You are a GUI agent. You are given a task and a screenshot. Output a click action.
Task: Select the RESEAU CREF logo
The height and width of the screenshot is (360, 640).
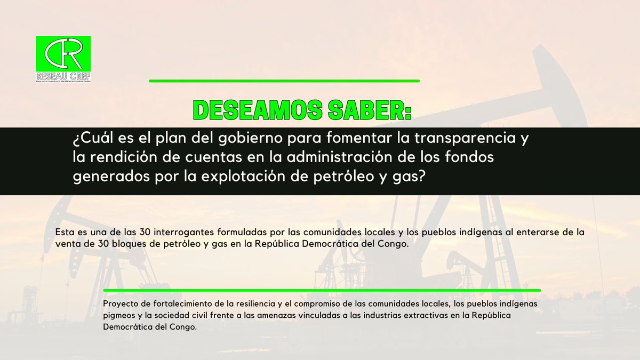(63, 59)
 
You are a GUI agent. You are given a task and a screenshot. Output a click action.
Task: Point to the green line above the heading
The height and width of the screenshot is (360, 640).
(284, 81)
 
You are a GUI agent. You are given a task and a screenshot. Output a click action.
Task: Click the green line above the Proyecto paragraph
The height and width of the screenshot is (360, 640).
(322, 291)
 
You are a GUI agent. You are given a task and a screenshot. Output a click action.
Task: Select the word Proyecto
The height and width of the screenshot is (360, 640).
(121, 303)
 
